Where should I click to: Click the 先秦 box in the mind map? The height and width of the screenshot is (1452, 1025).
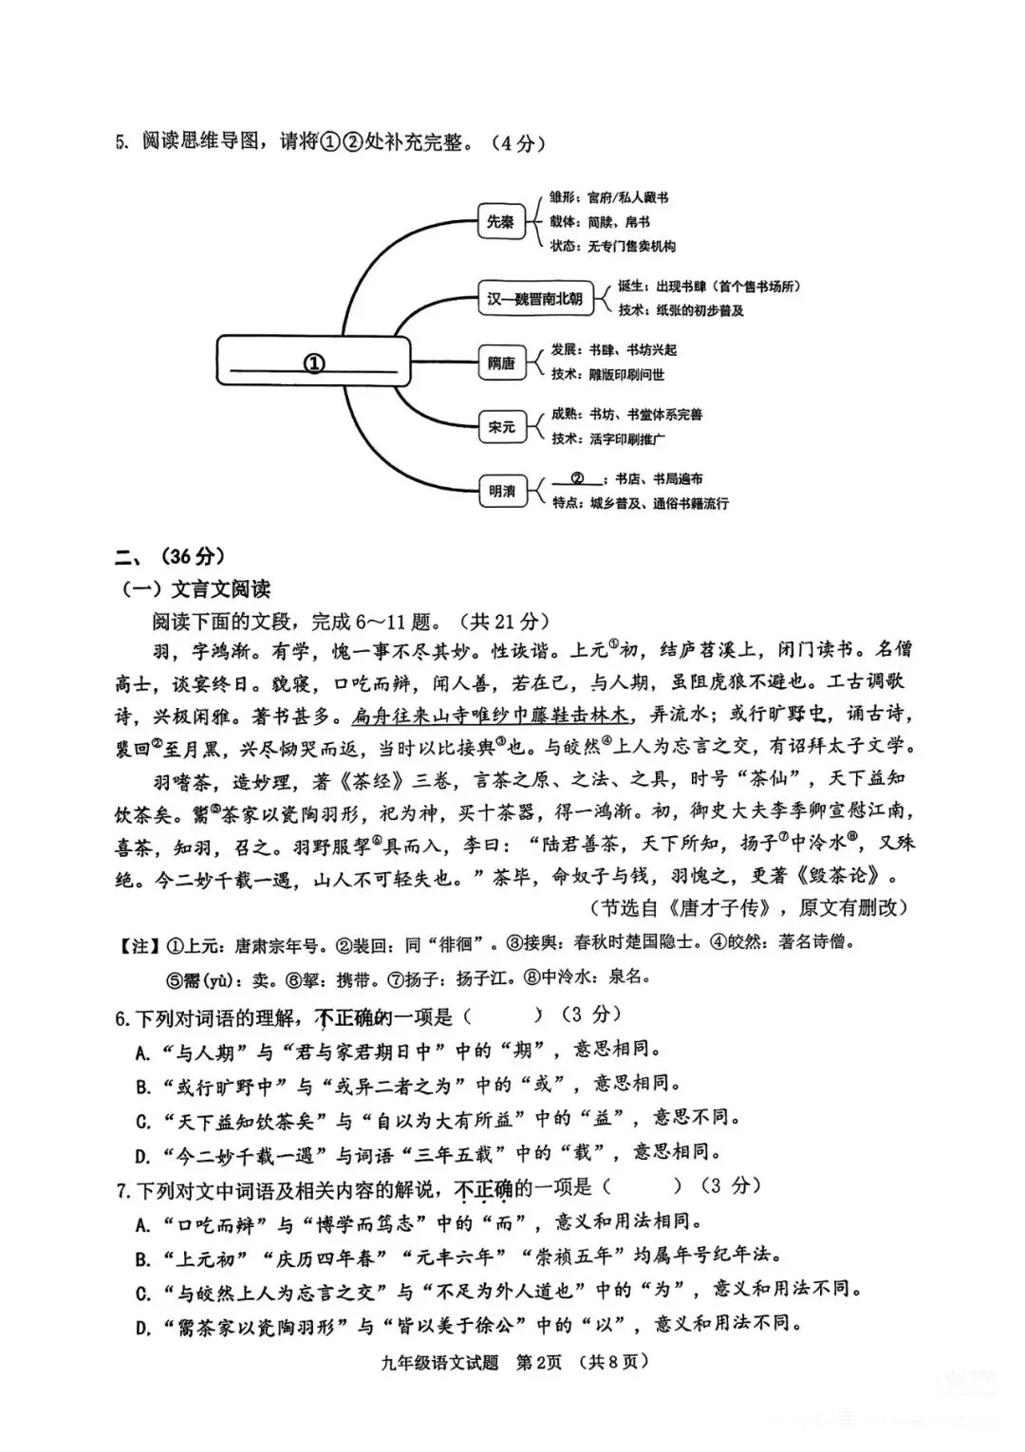pos(500,222)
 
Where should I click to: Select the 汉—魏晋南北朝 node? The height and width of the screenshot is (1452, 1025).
pos(535,298)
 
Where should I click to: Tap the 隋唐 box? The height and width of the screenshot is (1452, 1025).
pos(501,363)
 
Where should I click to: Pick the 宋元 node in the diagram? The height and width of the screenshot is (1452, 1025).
pos(501,427)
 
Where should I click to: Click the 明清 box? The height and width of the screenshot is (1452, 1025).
pos(501,491)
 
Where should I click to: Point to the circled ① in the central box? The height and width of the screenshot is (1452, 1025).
pos(313,363)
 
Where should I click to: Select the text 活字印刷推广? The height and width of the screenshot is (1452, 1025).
pos(627,438)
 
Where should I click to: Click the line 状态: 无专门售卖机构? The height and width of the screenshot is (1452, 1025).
pos(613,246)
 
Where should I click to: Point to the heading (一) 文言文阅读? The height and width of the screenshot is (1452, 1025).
pos(195,588)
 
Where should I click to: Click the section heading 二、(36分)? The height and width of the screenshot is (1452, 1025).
pos(170,556)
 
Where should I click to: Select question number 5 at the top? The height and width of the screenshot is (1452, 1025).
pos(121,142)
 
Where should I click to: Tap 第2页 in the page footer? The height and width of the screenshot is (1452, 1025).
pos(540,1362)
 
